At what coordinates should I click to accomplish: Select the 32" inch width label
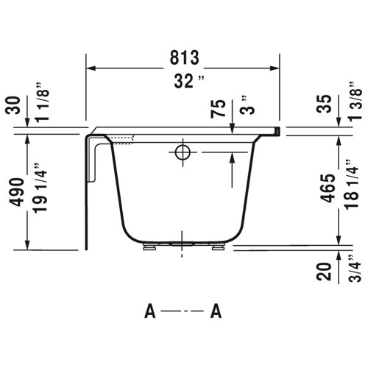pyautogui.click(x=184, y=82)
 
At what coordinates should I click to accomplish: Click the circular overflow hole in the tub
pyautogui.click(x=182, y=152)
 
